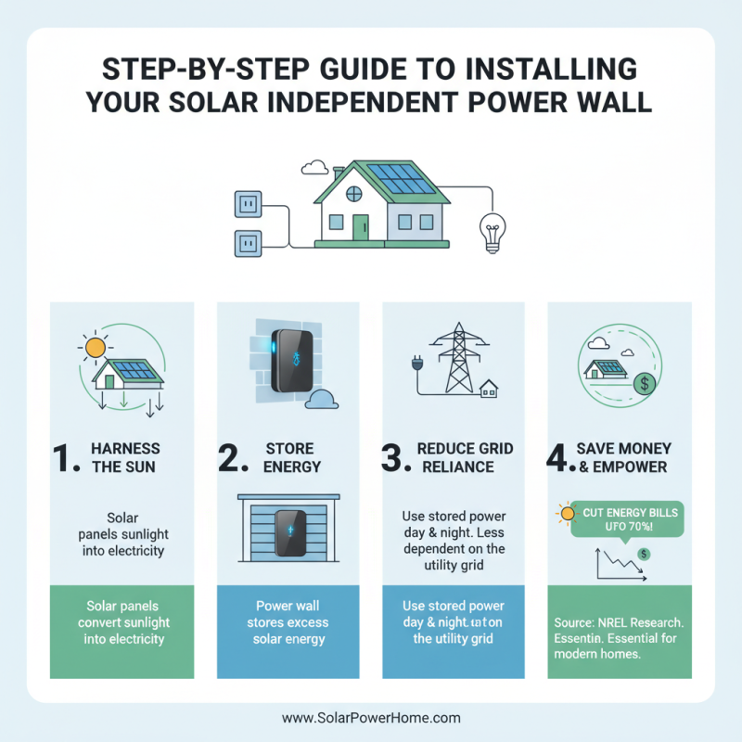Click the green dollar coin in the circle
(639, 383)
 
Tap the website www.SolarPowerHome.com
(371, 718)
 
